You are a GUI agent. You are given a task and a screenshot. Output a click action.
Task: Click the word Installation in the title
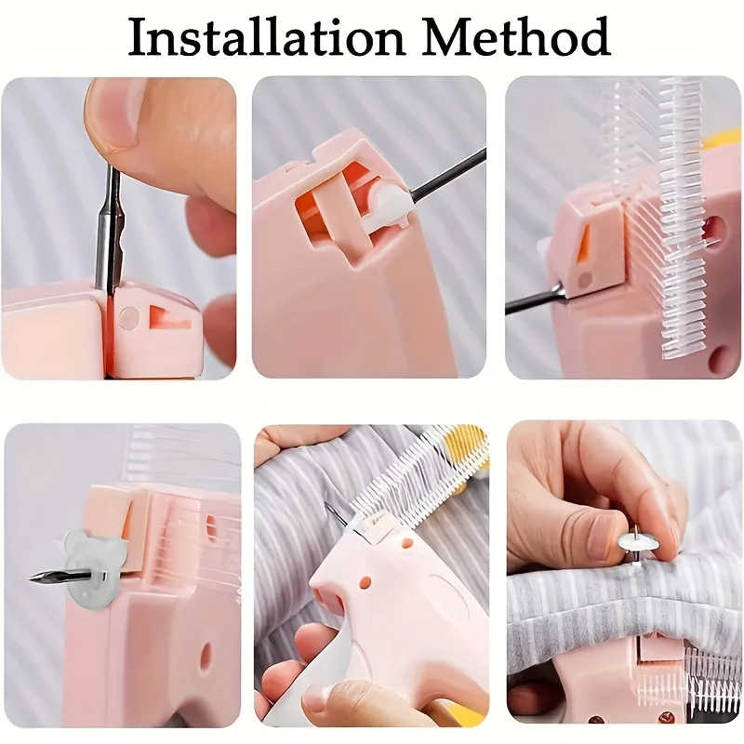267,36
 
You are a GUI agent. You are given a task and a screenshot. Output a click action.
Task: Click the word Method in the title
516,36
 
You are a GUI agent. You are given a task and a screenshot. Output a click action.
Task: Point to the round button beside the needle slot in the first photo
129,317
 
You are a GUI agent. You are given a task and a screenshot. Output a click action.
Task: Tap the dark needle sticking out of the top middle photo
448,171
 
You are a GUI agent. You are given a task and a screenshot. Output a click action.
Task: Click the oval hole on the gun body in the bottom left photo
205,657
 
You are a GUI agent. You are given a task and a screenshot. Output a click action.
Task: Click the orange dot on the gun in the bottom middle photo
365,582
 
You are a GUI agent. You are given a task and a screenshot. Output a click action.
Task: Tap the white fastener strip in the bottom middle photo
418,479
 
